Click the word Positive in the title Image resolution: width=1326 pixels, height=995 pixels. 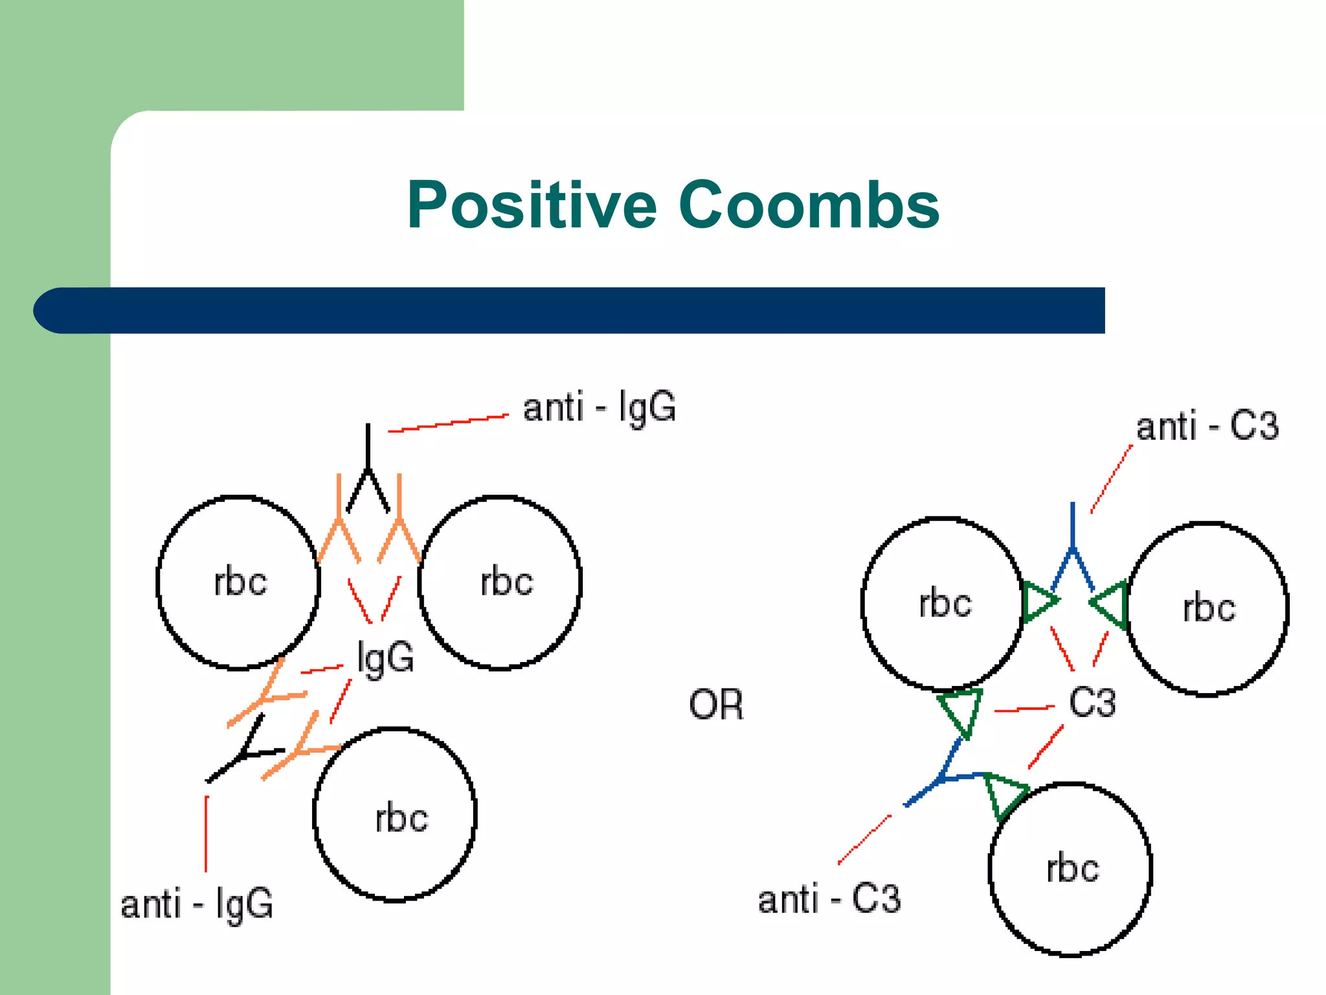(x=531, y=205)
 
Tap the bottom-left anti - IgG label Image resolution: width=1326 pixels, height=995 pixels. (x=197, y=904)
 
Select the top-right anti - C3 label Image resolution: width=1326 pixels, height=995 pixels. (x=1207, y=427)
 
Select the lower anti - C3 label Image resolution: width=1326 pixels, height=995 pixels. (x=829, y=899)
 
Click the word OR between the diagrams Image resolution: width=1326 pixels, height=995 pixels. (x=715, y=705)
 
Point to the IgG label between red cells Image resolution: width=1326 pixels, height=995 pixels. (x=385, y=659)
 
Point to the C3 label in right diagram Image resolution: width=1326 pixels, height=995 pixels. (x=1092, y=702)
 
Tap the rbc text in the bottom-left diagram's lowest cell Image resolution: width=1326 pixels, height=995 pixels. (x=401, y=818)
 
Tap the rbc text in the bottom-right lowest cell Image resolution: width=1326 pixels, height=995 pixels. (x=1072, y=869)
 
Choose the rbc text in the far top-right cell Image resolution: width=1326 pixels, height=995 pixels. (x=1209, y=609)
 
